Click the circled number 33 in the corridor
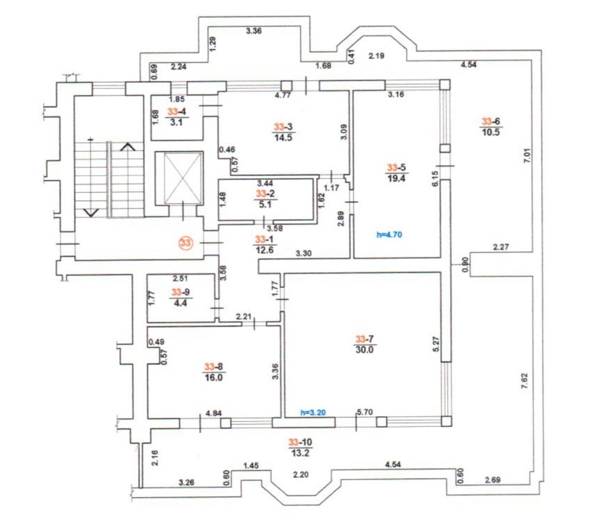pos(185,242)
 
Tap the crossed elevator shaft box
pos(183,178)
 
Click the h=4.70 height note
pos(389,235)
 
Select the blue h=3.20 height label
pos(313,413)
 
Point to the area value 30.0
pos(365,350)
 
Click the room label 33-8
pos(213,367)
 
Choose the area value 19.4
pos(396,178)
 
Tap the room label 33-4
pos(177,112)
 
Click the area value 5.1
pos(266,204)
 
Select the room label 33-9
pos(180,292)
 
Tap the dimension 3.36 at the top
pos(254,31)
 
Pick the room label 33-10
pos(300,442)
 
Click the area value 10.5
pos(490,132)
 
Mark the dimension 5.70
pos(365,413)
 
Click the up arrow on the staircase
pos(128,147)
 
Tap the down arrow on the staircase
pos(91,213)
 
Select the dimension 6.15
pos(435,178)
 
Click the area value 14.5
pos(283,138)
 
